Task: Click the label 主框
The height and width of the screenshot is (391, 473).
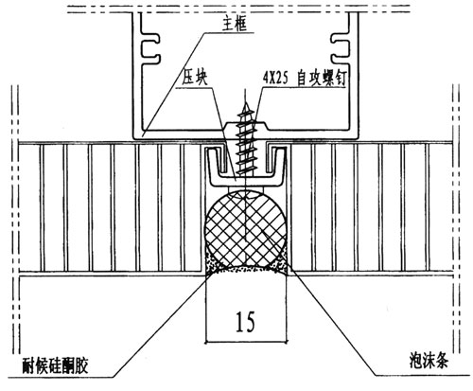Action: (x=234, y=25)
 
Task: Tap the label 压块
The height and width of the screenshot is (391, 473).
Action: (x=196, y=78)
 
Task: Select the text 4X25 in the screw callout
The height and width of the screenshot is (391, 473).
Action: (x=274, y=79)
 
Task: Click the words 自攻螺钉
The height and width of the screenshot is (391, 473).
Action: (x=322, y=79)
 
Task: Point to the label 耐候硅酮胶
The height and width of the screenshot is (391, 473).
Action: (x=55, y=365)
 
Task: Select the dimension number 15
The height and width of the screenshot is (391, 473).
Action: (x=245, y=322)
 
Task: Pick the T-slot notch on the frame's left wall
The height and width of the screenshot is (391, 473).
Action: (x=150, y=47)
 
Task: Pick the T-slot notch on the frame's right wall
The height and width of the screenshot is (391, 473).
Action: (x=340, y=47)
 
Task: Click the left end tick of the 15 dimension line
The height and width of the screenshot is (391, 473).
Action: (x=205, y=342)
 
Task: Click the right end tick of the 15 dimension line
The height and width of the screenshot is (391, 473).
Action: (x=287, y=342)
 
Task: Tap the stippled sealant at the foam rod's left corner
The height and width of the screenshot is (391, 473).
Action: (x=211, y=264)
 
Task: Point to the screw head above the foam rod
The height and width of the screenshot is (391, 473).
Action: (x=246, y=192)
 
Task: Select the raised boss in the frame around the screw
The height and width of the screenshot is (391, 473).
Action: (x=246, y=127)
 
